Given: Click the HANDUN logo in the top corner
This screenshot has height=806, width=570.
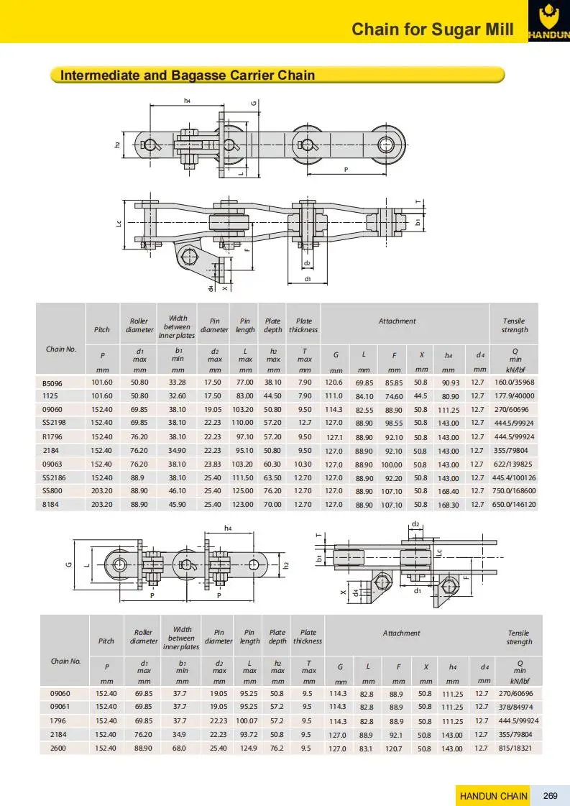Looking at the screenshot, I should point(548,21).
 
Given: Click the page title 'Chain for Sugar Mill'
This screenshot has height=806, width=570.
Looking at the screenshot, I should point(433,29).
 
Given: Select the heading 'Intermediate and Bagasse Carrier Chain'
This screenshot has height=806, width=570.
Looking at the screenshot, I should point(188,75).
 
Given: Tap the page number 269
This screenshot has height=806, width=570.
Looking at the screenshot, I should point(551,795).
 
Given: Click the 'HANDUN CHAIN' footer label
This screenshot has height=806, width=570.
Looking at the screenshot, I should point(493,795).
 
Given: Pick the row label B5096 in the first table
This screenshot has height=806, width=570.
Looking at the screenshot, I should point(53,383).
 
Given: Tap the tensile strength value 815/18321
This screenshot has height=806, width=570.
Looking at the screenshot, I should point(518,748).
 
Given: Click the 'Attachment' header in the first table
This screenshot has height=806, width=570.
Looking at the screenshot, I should point(397,321).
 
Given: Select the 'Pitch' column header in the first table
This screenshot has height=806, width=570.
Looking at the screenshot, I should point(102,330).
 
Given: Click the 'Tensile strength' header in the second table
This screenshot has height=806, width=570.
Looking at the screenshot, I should point(518,637).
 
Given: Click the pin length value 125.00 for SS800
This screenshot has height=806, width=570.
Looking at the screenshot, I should point(245,492).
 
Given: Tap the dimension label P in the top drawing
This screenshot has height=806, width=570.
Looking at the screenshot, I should point(346,170).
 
